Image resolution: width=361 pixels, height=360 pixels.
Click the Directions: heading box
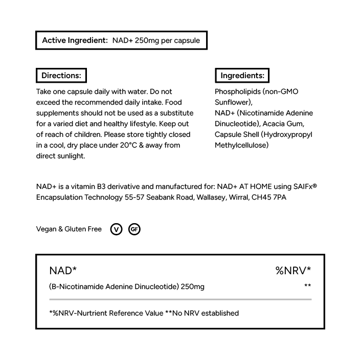point(61,76)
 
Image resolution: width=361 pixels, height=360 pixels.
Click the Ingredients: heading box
point(242,76)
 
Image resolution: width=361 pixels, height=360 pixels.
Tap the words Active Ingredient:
point(75,40)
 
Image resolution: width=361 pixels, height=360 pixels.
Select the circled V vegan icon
point(117,229)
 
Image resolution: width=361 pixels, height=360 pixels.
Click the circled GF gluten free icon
point(134,229)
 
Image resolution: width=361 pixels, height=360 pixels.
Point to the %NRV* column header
point(293,271)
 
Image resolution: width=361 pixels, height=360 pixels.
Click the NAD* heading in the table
point(63,271)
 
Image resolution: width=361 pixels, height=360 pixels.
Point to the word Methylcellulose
point(242,145)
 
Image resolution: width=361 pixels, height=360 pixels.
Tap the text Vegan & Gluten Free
point(69,229)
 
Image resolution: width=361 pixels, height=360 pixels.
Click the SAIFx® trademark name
point(302,186)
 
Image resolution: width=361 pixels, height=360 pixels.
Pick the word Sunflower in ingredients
point(233,102)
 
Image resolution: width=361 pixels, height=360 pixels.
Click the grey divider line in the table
point(180,299)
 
